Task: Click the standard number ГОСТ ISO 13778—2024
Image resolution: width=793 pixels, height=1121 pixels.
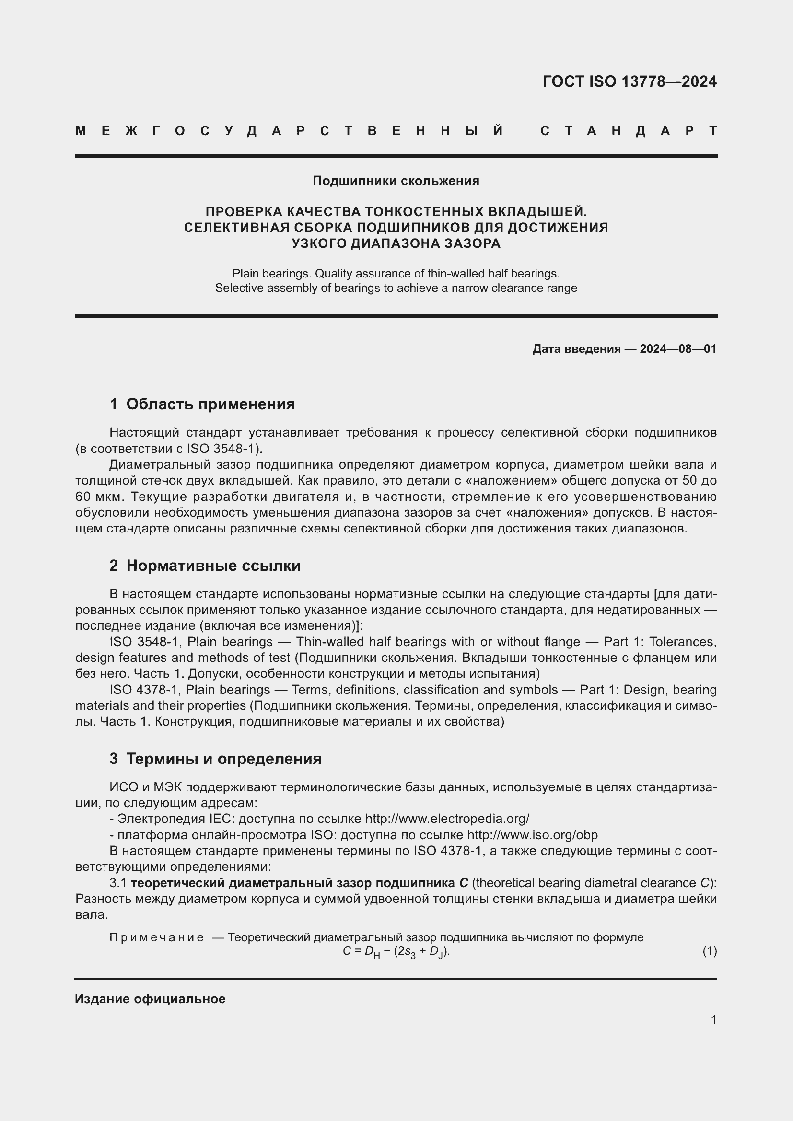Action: click(630, 81)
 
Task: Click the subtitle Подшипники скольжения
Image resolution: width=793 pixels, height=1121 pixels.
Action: click(396, 181)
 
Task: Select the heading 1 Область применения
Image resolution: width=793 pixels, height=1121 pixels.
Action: click(202, 404)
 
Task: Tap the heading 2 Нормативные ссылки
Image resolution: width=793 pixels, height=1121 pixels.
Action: click(205, 566)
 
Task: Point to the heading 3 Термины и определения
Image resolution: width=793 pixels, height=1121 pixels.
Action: click(215, 759)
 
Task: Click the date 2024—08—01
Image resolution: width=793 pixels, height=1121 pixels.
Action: click(678, 349)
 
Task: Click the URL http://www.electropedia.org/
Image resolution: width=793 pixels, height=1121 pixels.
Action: click(447, 819)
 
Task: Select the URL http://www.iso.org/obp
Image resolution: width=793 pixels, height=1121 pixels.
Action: click(532, 835)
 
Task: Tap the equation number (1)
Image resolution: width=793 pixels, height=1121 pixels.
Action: click(710, 950)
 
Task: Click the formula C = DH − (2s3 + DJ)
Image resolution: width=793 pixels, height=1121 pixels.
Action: click(396, 952)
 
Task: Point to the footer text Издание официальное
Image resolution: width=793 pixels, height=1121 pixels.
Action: click(150, 999)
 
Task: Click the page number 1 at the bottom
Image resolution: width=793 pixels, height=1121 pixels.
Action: click(713, 1019)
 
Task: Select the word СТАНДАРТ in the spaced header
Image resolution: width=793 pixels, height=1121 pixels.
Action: click(629, 131)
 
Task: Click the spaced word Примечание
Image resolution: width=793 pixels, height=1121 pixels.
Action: click(156, 937)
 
